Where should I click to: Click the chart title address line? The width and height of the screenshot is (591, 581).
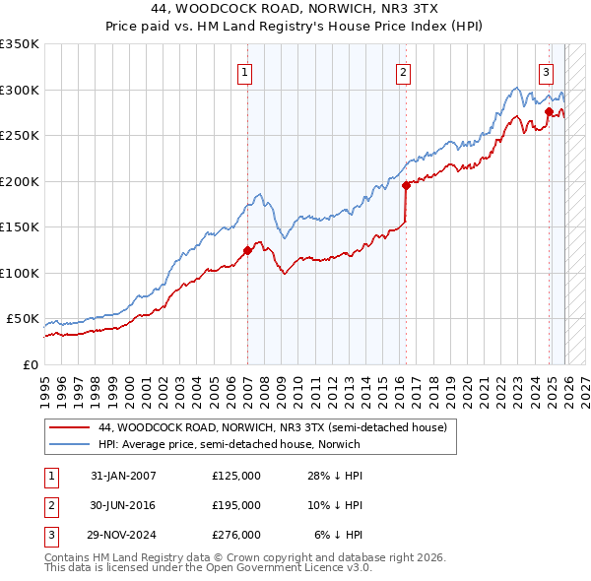(295, 9)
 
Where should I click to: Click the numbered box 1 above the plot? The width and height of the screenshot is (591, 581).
(243, 71)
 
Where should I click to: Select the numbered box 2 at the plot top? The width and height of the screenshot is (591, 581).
(404, 71)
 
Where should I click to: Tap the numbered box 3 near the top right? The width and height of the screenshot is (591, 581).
(546, 71)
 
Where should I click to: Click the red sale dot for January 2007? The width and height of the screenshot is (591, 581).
(247, 250)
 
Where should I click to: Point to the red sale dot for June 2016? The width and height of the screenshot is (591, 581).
(406, 184)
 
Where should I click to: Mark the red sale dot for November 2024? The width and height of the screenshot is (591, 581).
(549, 112)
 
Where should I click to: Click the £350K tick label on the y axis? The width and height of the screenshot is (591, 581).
(20, 44)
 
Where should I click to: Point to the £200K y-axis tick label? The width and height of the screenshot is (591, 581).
(20, 181)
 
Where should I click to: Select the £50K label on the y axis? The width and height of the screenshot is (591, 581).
(23, 319)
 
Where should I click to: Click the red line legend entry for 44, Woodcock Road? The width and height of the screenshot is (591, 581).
(273, 427)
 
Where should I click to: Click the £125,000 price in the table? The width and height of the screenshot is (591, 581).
(236, 476)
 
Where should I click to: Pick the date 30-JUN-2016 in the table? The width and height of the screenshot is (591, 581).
(123, 505)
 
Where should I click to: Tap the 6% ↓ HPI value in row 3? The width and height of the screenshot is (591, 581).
(339, 535)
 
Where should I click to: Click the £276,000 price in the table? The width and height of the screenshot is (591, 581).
(236, 535)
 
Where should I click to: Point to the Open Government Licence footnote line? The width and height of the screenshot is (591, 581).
(193, 569)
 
